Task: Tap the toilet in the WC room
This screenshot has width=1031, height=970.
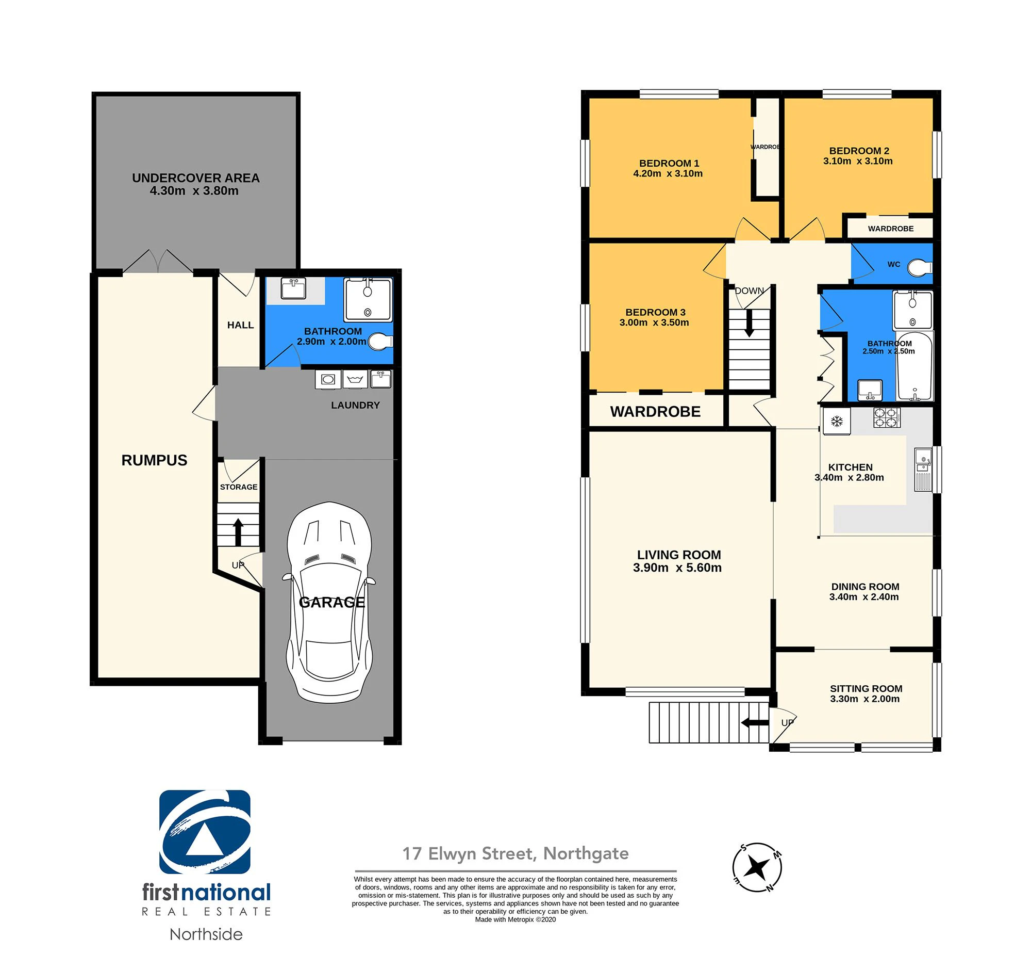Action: click(x=920, y=267)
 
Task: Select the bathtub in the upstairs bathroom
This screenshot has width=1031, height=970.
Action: click(x=914, y=366)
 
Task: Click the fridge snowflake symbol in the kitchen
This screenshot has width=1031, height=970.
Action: click(x=836, y=421)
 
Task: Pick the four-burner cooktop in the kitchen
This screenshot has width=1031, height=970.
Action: click(x=887, y=418)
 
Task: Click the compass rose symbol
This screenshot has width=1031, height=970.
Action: click(x=757, y=867)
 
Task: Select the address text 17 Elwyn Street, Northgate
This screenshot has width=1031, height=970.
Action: click(x=515, y=854)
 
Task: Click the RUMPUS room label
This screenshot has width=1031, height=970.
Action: click(x=154, y=460)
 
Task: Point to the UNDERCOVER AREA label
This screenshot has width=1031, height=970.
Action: click(x=195, y=178)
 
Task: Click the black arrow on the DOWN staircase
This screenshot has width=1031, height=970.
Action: click(x=749, y=324)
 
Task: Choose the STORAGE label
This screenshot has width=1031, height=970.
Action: click(x=239, y=487)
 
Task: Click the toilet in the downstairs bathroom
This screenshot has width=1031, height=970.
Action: click(x=380, y=341)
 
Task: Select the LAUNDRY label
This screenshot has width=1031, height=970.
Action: click(x=355, y=406)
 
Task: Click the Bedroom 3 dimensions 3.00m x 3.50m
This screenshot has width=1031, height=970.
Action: click(x=654, y=322)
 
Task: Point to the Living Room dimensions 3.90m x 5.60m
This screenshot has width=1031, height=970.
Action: click(x=677, y=568)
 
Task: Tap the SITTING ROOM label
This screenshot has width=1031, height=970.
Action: click(x=866, y=689)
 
